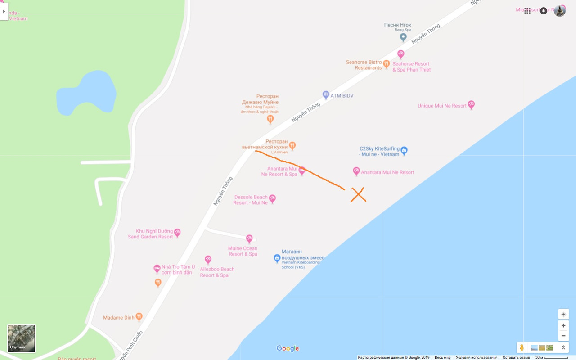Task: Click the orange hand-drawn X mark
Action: pyautogui.click(x=358, y=194)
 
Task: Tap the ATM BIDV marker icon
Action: pyautogui.click(x=326, y=95)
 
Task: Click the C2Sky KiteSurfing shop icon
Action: pyautogui.click(x=404, y=150)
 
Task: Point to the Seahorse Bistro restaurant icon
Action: pyautogui.click(x=386, y=64)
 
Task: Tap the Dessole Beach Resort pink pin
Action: pyautogui.click(x=272, y=198)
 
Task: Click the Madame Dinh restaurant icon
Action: pyautogui.click(x=139, y=317)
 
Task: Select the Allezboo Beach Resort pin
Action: pyautogui.click(x=208, y=259)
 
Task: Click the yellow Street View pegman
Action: pyautogui.click(x=522, y=347)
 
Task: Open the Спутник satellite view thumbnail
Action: pyautogui.click(x=21, y=338)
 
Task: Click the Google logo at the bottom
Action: pyautogui.click(x=288, y=348)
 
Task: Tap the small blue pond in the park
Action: pyautogui.click(x=86, y=93)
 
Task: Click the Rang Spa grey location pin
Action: pyautogui.click(x=403, y=37)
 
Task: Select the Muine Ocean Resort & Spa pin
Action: pyautogui.click(x=249, y=238)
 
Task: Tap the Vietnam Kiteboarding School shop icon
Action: pyautogui.click(x=277, y=258)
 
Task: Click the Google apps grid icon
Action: pyautogui.click(x=527, y=11)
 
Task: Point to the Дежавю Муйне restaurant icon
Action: pyautogui.click(x=270, y=119)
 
